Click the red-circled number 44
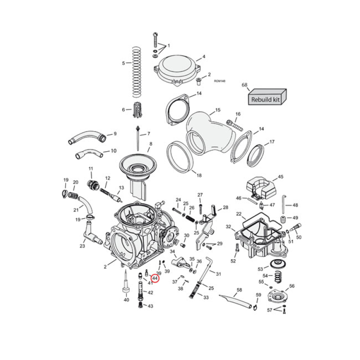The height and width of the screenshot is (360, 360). [155, 279]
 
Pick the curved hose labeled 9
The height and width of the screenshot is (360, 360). [87, 136]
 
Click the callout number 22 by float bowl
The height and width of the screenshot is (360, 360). [238, 214]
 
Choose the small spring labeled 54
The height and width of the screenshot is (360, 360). [278, 276]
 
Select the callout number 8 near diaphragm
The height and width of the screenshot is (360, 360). [151, 144]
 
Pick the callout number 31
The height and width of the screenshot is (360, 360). [219, 274]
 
